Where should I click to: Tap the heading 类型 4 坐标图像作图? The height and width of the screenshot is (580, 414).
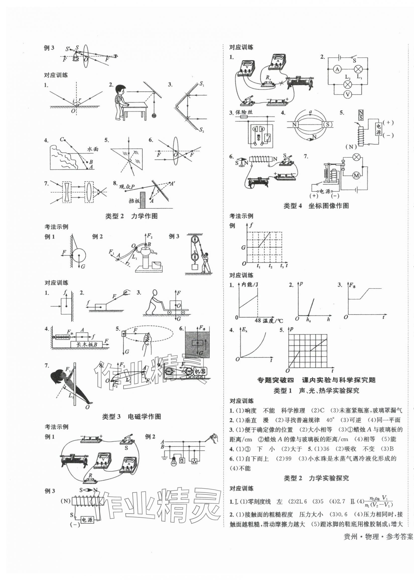(x=316, y=206)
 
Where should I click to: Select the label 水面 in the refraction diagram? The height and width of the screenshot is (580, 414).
(x=93, y=149)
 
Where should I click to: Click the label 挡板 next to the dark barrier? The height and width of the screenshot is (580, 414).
(x=134, y=201)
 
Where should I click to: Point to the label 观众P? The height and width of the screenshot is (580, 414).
(x=127, y=187)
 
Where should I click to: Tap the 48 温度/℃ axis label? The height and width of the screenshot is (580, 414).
(x=269, y=321)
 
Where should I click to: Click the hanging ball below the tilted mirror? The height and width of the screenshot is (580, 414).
(x=154, y=115)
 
